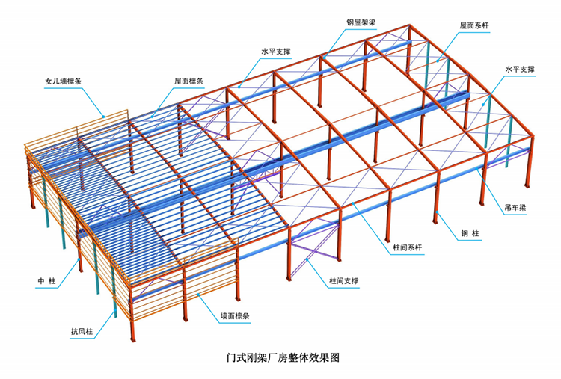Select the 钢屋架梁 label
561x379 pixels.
pos(362,23)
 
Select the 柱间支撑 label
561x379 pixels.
pos(343,282)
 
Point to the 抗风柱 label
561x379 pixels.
pos(82,331)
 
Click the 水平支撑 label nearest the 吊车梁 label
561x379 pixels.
pos(521,69)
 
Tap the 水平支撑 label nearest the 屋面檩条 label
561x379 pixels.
pos(276,52)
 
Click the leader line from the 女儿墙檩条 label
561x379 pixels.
pos(93,98)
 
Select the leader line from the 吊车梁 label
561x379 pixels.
pos(490,188)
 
